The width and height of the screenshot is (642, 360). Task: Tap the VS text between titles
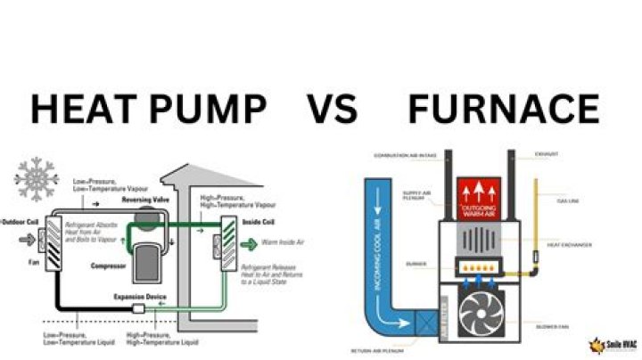click(333, 110)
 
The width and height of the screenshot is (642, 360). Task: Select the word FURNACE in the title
click(504, 110)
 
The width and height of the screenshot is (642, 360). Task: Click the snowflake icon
click(37, 179)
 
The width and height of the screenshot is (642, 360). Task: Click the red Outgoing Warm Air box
click(482, 199)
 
